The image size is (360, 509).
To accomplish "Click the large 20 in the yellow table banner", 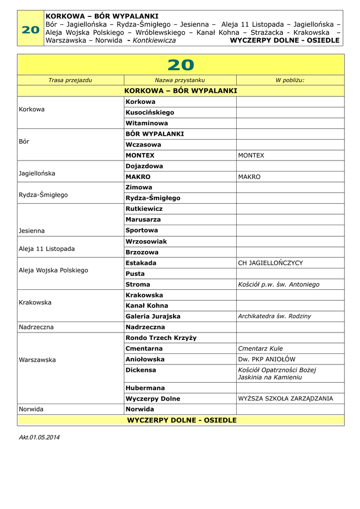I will point(180,65).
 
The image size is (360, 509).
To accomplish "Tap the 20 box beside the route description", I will point(30,30).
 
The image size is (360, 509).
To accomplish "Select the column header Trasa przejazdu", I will point(70,80).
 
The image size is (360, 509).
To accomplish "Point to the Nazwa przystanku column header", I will point(180,80).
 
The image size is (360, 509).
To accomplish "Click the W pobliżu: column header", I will point(290,80).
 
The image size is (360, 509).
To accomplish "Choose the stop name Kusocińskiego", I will point(150,112).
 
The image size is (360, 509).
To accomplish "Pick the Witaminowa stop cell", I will point(147,123).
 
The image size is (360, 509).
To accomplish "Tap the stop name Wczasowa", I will point(143,145).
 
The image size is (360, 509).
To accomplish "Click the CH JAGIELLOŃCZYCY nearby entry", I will point(270,263).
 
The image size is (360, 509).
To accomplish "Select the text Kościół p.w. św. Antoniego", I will point(278,284).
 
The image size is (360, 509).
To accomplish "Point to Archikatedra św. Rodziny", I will point(274,316).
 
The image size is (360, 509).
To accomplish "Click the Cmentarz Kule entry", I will point(260,348).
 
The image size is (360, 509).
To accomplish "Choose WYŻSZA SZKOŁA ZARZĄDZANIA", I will point(285,399).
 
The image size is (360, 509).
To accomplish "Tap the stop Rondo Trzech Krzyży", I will point(161,338).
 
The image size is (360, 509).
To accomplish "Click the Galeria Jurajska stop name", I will point(153,316).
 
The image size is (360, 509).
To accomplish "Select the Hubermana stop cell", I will point(145,388).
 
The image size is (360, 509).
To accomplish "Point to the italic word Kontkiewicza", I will point(154,40).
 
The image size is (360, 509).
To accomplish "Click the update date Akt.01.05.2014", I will point(39,437).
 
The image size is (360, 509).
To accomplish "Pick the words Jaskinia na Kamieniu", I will point(270,377).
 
